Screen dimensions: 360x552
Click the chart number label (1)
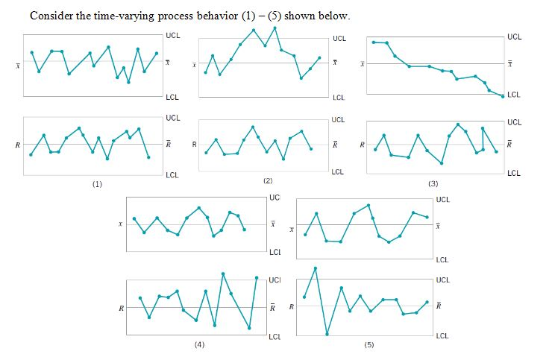(x=97, y=183)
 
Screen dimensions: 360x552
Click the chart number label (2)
(x=268, y=181)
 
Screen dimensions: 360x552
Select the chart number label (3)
(x=433, y=183)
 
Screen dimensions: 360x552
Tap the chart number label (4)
(x=199, y=345)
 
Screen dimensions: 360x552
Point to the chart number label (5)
(x=368, y=346)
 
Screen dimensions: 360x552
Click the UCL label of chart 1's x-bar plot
(x=172, y=35)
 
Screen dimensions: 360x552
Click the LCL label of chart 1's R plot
(x=172, y=174)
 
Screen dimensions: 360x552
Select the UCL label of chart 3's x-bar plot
(x=514, y=36)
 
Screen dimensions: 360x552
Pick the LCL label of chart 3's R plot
(x=514, y=174)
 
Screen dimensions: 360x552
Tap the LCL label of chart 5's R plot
(x=442, y=336)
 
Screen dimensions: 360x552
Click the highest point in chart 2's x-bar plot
(x=275, y=28)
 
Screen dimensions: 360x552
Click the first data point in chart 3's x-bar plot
(x=374, y=42)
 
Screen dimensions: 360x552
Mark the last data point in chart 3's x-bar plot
(x=502, y=96)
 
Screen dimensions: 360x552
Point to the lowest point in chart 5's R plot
(x=327, y=334)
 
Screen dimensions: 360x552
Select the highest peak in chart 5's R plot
(x=316, y=268)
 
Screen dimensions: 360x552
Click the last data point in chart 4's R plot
(x=257, y=278)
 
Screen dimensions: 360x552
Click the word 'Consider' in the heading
(x=51, y=16)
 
